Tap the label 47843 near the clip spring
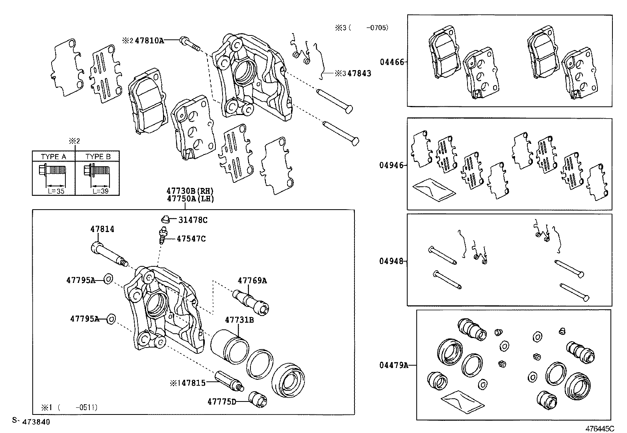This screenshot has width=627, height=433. tap(359, 73)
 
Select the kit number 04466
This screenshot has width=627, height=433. tap(391, 62)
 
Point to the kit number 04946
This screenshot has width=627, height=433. tap(391, 165)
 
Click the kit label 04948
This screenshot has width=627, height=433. tap(391, 261)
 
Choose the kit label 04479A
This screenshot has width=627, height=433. tap(393, 365)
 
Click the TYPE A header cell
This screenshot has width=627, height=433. tap(54, 156)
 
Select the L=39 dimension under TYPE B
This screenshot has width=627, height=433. tap(100, 191)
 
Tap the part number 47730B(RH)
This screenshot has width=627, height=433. tap(190, 191)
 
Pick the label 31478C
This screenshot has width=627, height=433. tap(193, 220)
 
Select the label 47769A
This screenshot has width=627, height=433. tap(252, 281)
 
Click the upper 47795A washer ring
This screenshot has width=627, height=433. tap(108, 279)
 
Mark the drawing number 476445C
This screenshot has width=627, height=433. tap(599, 428)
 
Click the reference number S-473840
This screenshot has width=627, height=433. tap(31, 422)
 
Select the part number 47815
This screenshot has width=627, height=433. tap(193, 383)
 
